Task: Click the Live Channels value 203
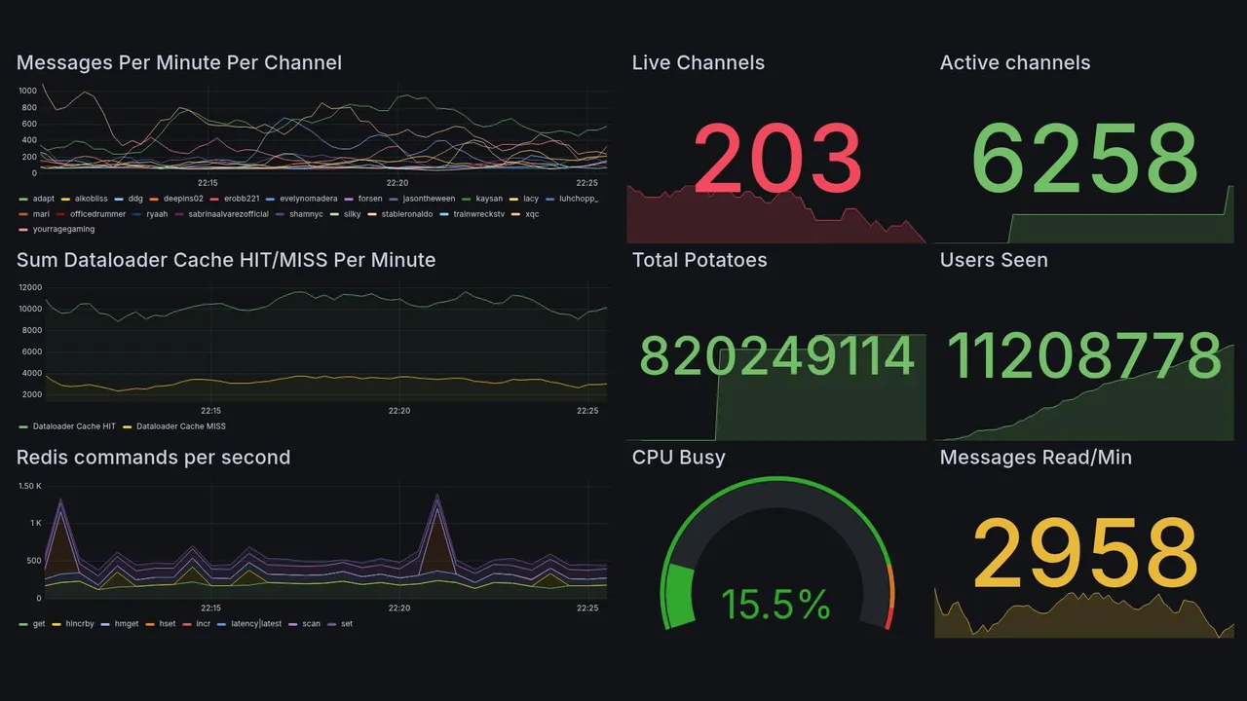coord(777,159)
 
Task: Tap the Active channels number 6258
coord(1084,159)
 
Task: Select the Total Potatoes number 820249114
coord(776,356)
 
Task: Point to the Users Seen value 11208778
coord(1084,356)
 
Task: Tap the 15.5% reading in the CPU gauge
coord(775,605)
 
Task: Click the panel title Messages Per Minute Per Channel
coord(179,63)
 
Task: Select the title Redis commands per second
coord(153,458)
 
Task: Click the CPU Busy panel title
coord(678,458)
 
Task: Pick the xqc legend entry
coord(532,214)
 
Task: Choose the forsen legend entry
coord(370,199)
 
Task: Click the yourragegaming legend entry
coord(63,230)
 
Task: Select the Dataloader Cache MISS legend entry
coord(180,426)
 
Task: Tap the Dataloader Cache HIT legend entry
coord(74,426)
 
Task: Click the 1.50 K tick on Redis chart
coord(30,486)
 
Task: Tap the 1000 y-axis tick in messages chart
coord(27,90)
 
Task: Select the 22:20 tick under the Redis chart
coord(398,609)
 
